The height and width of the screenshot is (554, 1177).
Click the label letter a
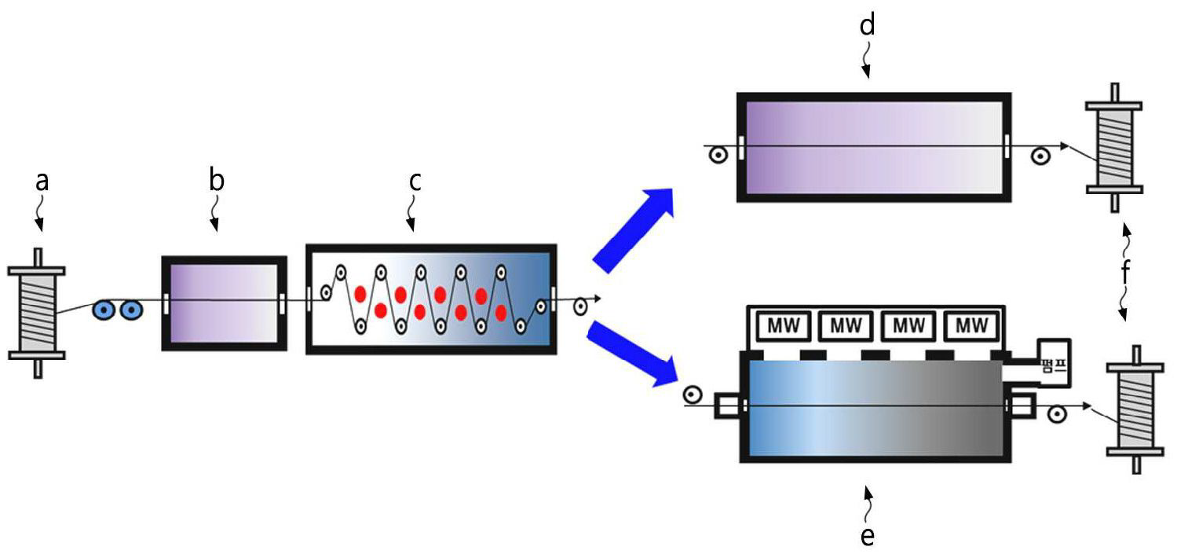pyautogui.click(x=42, y=182)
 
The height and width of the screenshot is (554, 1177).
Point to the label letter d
pyautogui.click(x=867, y=26)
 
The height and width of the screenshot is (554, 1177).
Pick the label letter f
pyautogui.click(x=1125, y=273)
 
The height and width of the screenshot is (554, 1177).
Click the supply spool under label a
pyautogui.click(x=36, y=313)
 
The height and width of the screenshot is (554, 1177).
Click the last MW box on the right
pyautogui.click(x=972, y=325)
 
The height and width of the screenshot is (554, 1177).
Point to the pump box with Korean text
pyautogui.click(x=1054, y=361)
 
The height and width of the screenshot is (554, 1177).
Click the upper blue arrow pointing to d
pyautogui.click(x=634, y=230)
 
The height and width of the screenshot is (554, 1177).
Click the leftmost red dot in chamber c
pyautogui.click(x=360, y=295)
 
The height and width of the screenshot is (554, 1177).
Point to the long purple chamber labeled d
pyautogui.click(x=872, y=147)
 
